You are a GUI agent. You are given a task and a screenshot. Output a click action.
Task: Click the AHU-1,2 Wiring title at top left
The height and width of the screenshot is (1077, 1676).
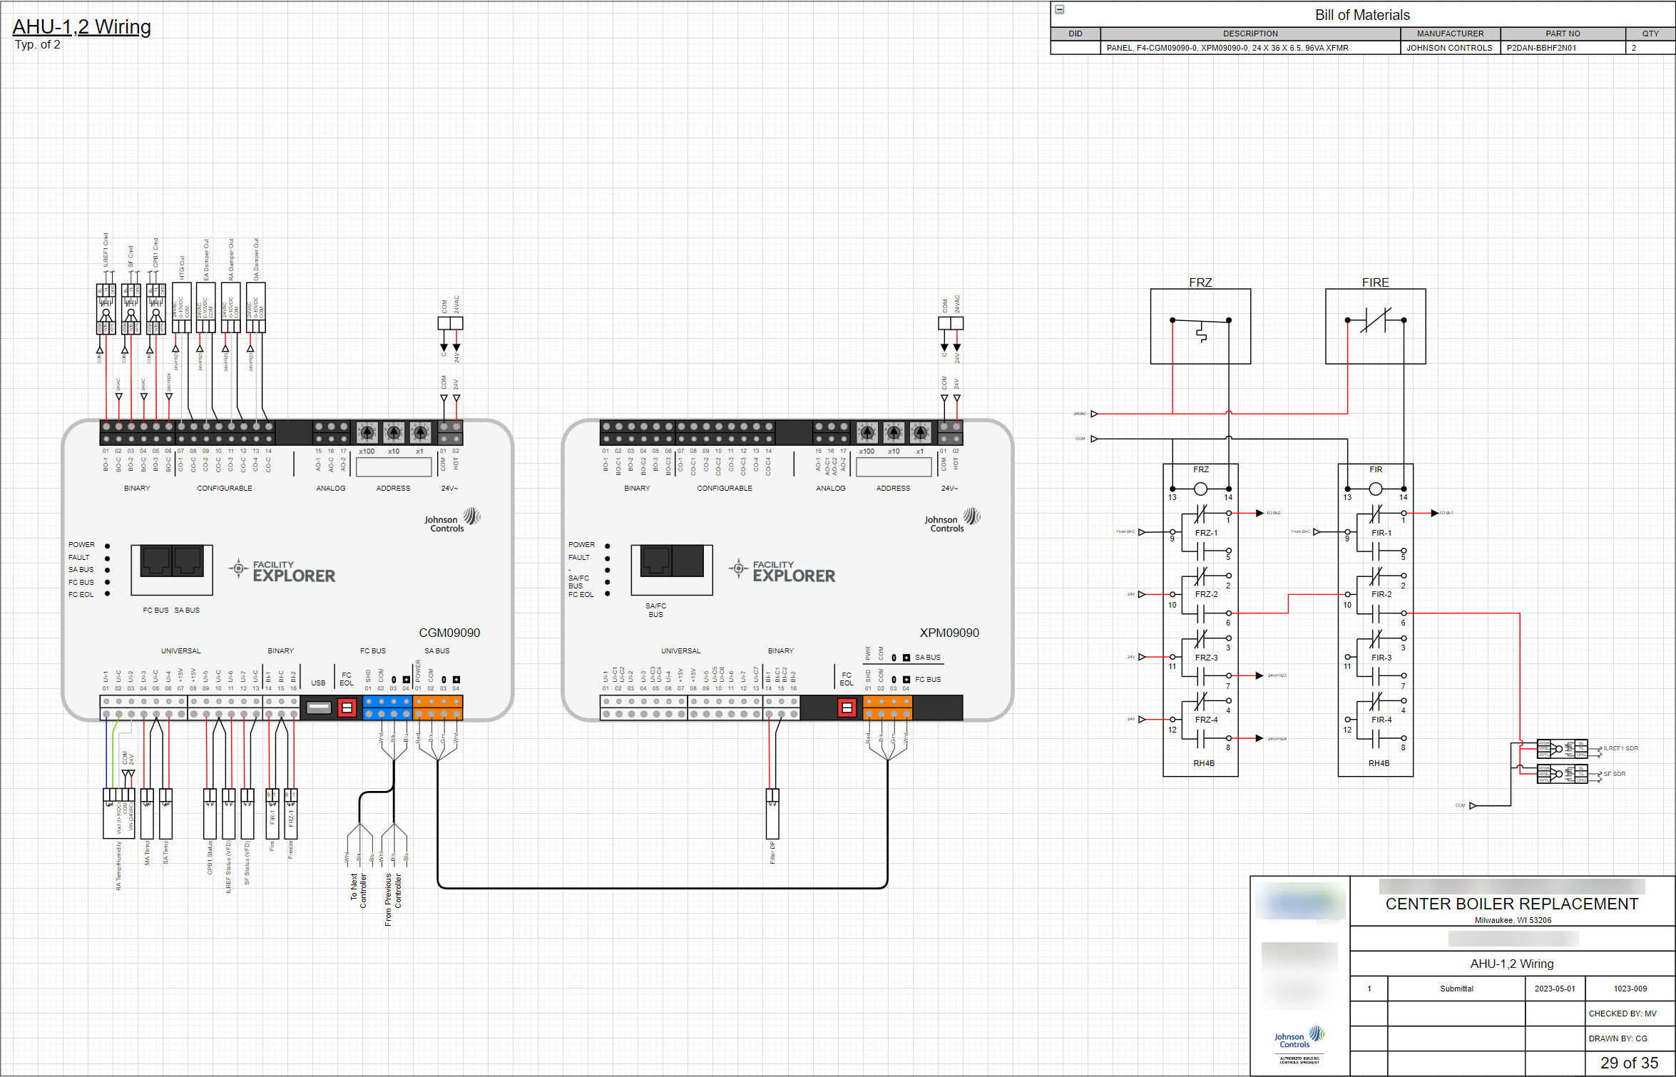[81, 27]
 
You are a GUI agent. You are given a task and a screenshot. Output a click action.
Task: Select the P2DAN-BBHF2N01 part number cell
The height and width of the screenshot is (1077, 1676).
[1541, 48]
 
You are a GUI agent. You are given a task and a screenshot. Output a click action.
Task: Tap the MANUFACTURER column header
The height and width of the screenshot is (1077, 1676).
[1450, 34]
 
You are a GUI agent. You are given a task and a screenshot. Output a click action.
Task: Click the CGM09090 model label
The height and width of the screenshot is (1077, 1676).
[449, 633]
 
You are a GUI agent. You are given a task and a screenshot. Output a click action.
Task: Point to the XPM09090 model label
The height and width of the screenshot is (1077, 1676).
[949, 633]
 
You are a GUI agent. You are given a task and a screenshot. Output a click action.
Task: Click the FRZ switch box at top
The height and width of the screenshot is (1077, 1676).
[1200, 326]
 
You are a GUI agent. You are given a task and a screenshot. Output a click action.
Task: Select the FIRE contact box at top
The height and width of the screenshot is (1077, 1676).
[1375, 326]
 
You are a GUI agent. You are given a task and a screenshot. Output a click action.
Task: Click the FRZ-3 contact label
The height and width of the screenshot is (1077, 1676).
[1207, 658]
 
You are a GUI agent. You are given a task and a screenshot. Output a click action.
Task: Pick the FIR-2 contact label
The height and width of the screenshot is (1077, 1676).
[1381, 594]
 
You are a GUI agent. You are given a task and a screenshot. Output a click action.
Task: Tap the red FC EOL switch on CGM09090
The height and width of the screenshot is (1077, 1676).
[347, 708]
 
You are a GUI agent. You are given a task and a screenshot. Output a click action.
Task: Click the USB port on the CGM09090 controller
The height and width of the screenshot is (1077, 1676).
[318, 708]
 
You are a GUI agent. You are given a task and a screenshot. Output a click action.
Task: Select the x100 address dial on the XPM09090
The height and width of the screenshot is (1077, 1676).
[867, 432]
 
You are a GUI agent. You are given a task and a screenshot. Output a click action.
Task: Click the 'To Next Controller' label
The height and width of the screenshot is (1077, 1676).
[358, 890]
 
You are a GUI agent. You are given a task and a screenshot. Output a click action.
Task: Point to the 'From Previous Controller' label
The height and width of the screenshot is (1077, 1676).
[393, 899]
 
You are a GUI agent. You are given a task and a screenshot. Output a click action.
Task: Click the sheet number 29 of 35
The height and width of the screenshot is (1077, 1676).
[1629, 1063]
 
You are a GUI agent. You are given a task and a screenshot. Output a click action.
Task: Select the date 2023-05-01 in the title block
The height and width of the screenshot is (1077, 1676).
[1555, 989]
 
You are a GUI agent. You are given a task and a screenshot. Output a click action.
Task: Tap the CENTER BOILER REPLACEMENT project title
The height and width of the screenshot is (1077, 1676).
[1511, 904]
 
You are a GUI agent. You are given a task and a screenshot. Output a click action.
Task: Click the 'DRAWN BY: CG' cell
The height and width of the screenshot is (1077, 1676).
[1618, 1038]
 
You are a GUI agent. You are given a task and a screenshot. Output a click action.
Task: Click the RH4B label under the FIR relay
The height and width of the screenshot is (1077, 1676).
[1379, 763]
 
